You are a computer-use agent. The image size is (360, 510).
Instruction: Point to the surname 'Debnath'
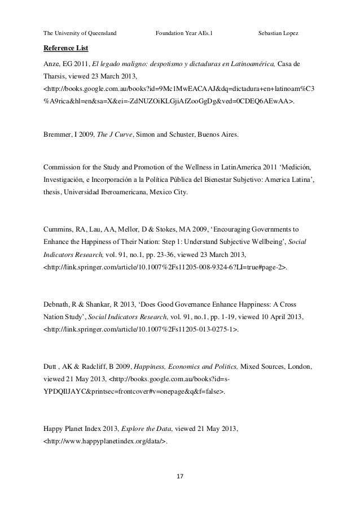click(x=59, y=304)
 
